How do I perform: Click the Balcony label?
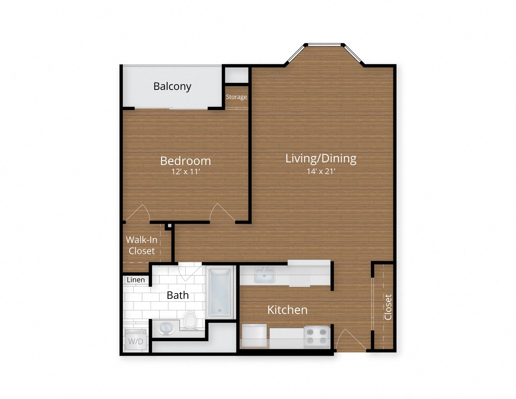click(x=172, y=86)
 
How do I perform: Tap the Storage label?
click(x=236, y=97)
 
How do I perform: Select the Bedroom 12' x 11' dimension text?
click(x=185, y=172)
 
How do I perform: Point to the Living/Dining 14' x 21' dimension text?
click(x=321, y=171)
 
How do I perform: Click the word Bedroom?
click(x=185, y=160)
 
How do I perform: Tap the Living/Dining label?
click(x=321, y=158)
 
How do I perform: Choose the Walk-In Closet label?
click(x=142, y=245)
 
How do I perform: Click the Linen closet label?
click(x=136, y=280)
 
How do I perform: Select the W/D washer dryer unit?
click(x=135, y=341)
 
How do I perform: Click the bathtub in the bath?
click(x=220, y=292)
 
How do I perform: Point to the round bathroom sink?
click(x=166, y=329)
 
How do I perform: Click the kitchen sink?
click(x=264, y=275)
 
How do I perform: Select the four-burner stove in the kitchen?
click(x=316, y=336)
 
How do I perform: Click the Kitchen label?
click(x=287, y=310)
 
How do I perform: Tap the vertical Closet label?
click(x=388, y=307)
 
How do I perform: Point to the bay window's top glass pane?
click(x=324, y=45)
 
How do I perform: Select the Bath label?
click(x=177, y=295)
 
